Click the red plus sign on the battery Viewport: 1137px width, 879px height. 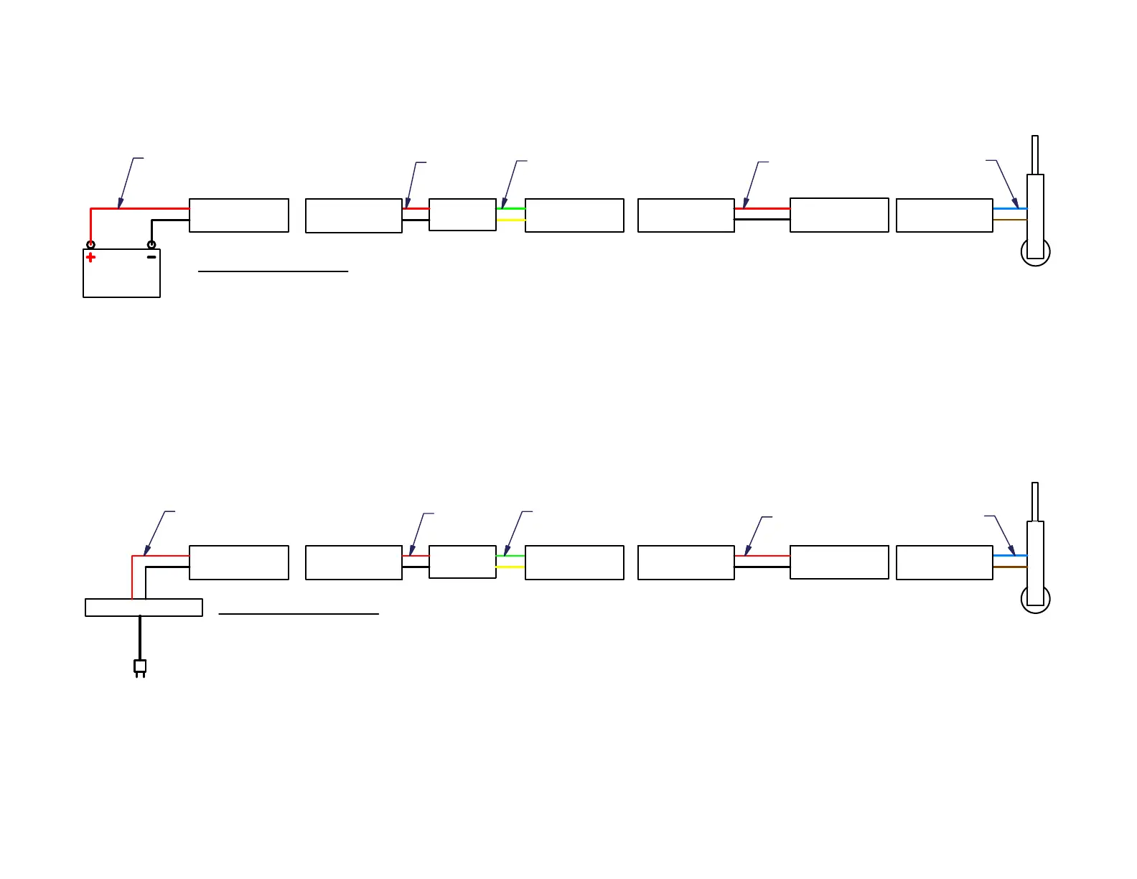pyautogui.click(x=90, y=257)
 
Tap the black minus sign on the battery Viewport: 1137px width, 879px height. pyautogui.click(x=151, y=257)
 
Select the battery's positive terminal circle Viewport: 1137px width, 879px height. pyautogui.click(x=90, y=245)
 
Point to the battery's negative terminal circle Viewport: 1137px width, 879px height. pyautogui.click(x=151, y=245)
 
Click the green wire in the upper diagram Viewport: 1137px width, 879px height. pyautogui.click(x=510, y=208)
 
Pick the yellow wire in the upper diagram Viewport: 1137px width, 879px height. pyautogui.click(x=510, y=220)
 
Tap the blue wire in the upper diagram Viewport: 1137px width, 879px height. pyautogui.click(x=1009, y=208)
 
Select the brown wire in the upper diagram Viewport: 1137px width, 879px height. pyautogui.click(x=1009, y=220)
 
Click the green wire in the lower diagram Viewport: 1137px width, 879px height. pyautogui.click(x=510, y=555)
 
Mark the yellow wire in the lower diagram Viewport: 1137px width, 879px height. pyautogui.click(x=510, y=567)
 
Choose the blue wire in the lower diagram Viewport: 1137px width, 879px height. pyautogui.click(x=1009, y=555)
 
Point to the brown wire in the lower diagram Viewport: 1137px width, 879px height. pyautogui.click(x=1009, y=567)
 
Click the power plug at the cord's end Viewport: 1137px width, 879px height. pyautogui.click(x=140, y=667)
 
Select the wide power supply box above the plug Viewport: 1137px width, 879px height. pyautogui.click(x=144, y=608)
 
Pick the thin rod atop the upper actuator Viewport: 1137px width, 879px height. pyautogui.click(x=1035, y=154)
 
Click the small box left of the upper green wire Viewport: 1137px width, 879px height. pyautogui.click(x=462, y=215)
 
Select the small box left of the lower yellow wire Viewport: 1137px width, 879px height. pyautogui.click(x=462, y=562)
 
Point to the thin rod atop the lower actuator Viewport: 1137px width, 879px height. pyautogui.click(x=1035, y=501)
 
